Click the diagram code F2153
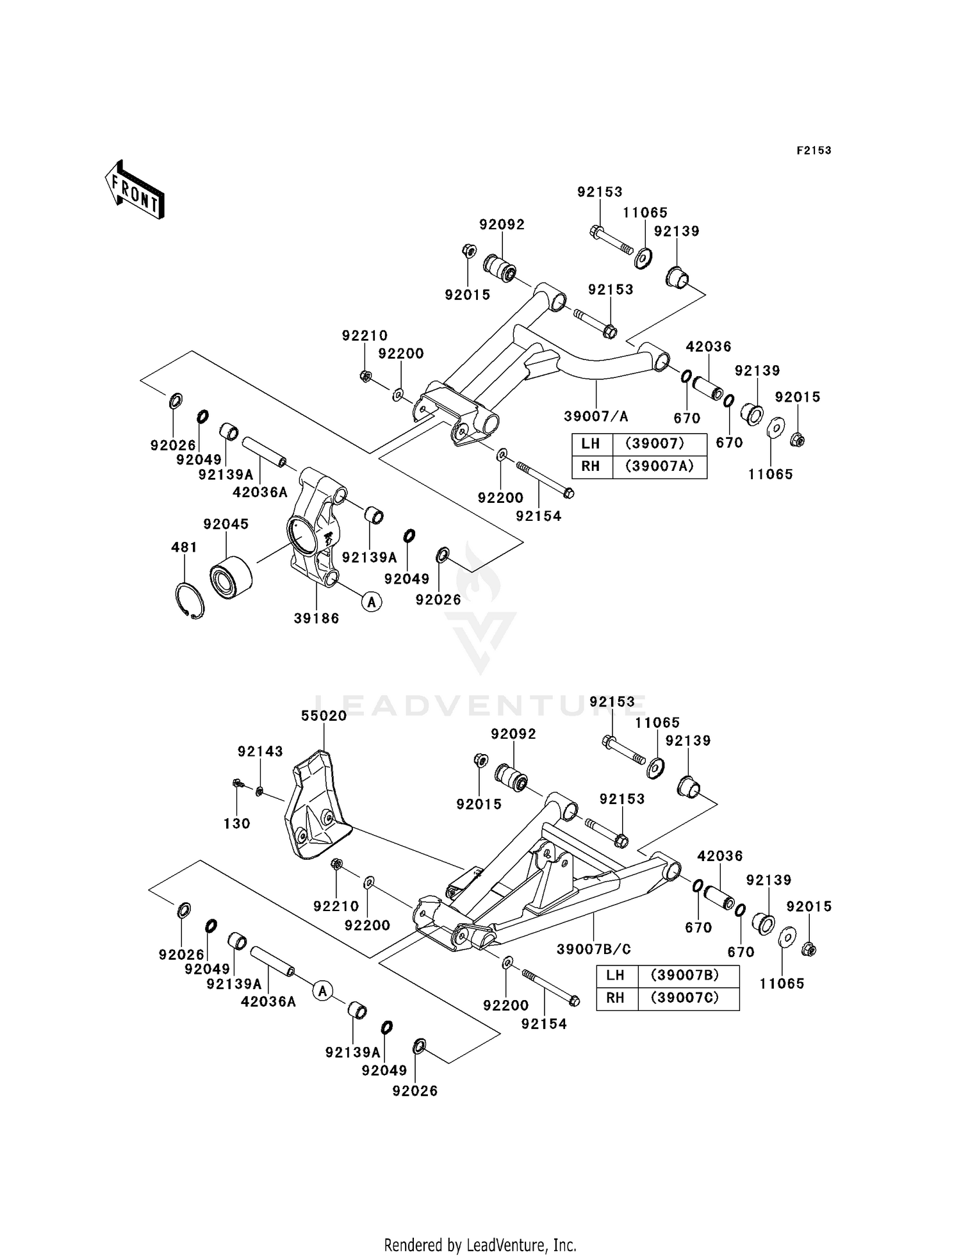pyautogui.click(x=814, y=151)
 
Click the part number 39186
pyautogui.click(x=316, y=618)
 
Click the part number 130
pyautogui.click(x=236, y=823)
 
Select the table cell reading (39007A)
pyautogui.click(x=659, y=466)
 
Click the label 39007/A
pyautogui.click(x=596, y=416)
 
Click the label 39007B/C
pyautogui.click(x=593, y=949)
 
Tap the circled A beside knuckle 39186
pyautogui.click(x=372, y=601)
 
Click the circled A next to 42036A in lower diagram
pyautogui.click(x=323, y=991)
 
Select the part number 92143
pyautogui.click(x=260, y=752)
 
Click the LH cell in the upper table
pyautogui.click(x=591, y=443)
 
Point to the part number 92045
pyautogui.click(x=226, y=524)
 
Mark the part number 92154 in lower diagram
pyautogui.click(x=544, y=1024)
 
